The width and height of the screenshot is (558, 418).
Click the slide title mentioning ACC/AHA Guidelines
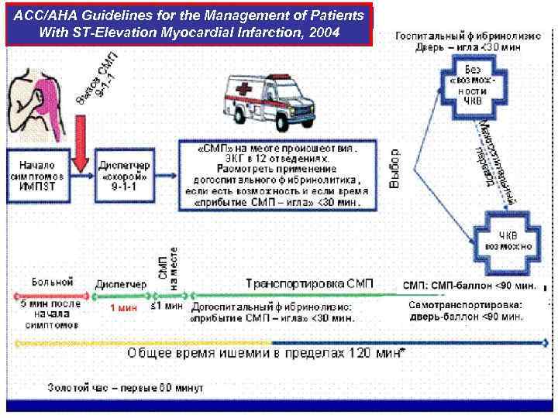click(x=189, y=25)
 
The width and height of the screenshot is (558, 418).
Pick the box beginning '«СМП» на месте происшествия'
click(x=277, y=174)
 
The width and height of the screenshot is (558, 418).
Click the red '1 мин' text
click(x=122, y=308)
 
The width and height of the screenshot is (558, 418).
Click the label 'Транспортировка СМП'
click(x=309, y=283)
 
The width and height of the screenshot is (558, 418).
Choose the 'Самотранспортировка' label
click(x=465, y=305)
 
